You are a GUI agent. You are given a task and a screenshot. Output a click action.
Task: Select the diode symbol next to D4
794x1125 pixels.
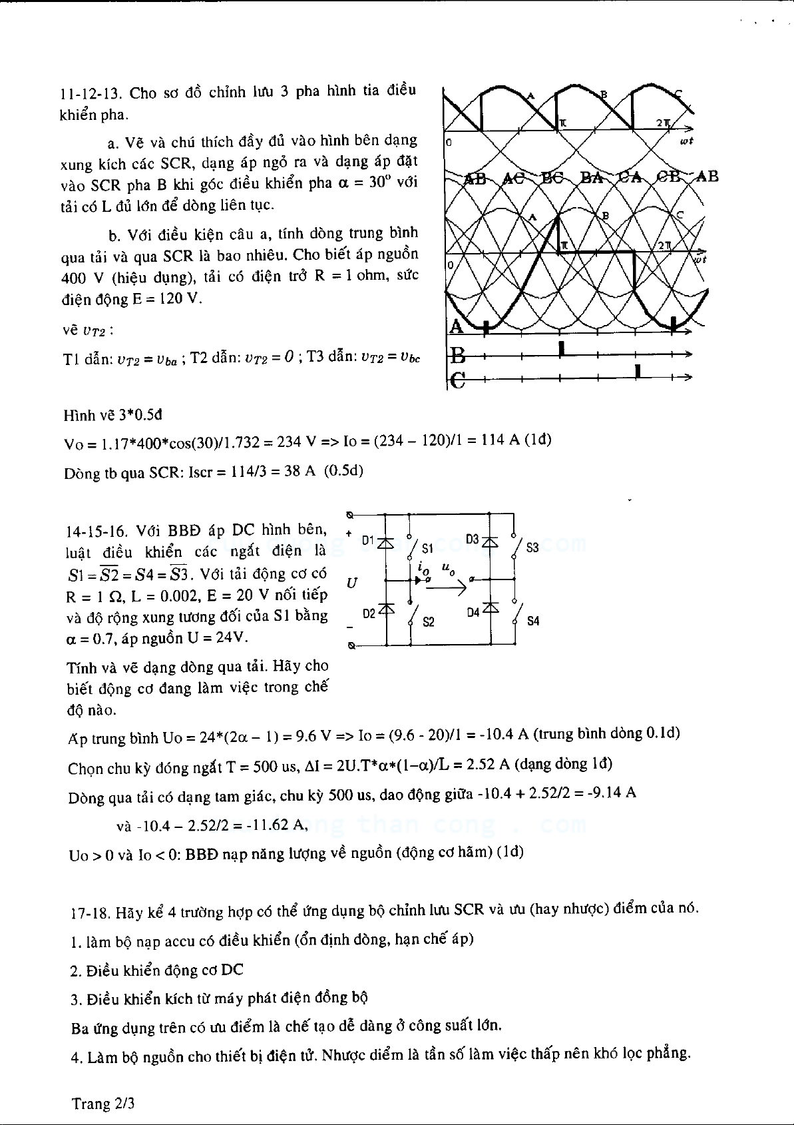coord(491,607)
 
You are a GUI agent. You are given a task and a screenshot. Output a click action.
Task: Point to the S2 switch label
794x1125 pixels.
coord(429,621)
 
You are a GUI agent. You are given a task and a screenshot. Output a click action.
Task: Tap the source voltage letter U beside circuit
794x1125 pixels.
coord(352,583)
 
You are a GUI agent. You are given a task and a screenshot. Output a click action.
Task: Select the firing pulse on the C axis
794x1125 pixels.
coord(638,372)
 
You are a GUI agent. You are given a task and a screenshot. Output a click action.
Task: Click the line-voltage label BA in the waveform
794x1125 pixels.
coord(592,178)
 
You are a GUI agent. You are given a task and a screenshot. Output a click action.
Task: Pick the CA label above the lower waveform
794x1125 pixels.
coord(629,178)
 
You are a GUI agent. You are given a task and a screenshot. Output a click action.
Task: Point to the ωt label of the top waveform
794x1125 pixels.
coord(686,141)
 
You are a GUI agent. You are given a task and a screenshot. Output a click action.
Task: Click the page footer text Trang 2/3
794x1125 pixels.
coord(103,1104)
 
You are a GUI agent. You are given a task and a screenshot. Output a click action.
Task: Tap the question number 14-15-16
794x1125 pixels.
coord(96,531)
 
